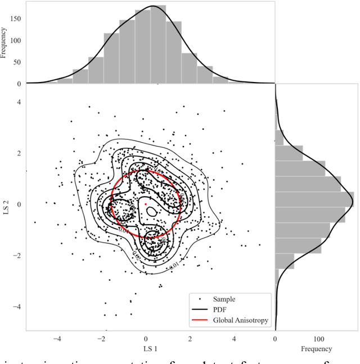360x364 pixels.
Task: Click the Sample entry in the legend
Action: coord(221,299)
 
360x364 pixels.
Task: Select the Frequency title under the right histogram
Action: coord(316,348)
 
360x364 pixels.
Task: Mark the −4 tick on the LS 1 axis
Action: coord(57,339)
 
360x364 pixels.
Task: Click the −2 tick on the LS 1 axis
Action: coord(101,339)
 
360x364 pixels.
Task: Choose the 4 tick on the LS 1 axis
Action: coord(234,339)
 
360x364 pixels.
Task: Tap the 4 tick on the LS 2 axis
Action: coord(19,102)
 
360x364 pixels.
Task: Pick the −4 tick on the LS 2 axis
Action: coord(17,307)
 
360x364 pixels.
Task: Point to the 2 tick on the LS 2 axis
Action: coord(19,153)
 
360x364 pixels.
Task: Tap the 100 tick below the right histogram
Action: coord(318,339)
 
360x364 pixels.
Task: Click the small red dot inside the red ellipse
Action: coord(146,204)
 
